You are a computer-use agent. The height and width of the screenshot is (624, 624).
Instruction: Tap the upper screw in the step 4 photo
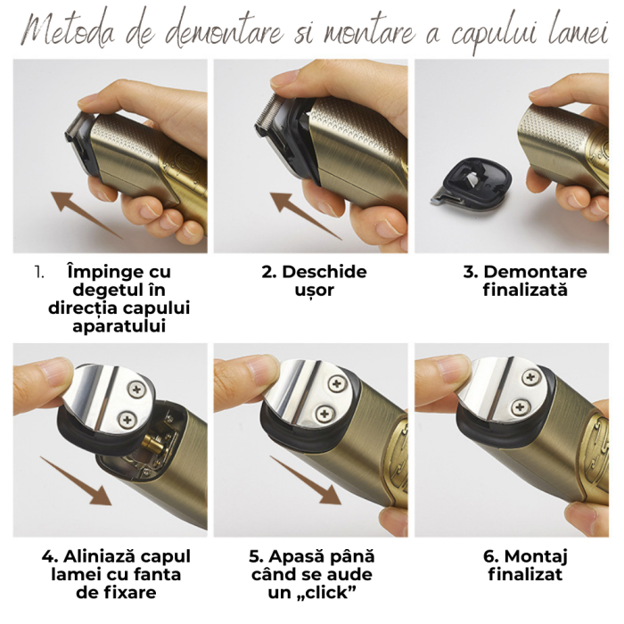137,386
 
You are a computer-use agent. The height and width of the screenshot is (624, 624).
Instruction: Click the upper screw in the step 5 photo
336,384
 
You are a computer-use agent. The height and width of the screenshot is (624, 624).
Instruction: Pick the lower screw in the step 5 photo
326,412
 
